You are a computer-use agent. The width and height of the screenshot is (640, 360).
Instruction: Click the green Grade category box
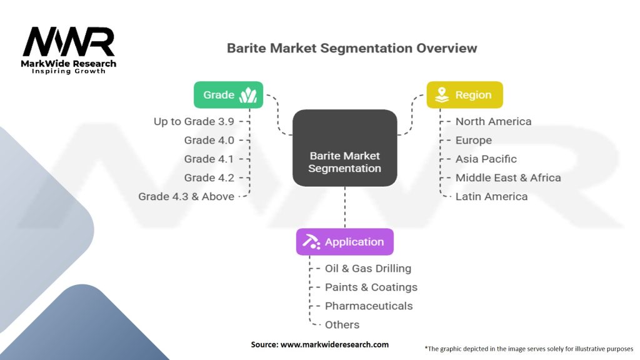[228, 95]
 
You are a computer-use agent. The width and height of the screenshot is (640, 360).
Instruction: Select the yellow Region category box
[464, 95]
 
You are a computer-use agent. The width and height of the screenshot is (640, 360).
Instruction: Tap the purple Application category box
[344, 242]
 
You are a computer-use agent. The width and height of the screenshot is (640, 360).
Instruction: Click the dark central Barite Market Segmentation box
[344, 147]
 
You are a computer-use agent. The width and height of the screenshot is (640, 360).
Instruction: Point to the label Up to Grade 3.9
[194, 121]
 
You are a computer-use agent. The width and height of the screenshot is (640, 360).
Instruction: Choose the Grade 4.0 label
[209, 140]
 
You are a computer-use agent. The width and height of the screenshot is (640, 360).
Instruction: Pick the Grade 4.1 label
[209, 159]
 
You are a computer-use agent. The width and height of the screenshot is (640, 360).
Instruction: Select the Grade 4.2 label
[209, 177]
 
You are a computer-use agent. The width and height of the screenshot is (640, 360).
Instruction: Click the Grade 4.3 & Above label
[186, 196]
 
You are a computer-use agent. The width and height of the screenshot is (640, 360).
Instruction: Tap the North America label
[493, 121]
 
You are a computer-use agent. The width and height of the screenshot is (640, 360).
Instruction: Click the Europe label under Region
[473, 140]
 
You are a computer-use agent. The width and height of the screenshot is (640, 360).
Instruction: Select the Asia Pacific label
[486, 159]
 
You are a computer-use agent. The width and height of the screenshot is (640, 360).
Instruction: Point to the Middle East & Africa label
[507, 177]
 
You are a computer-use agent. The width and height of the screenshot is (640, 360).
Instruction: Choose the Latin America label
[491, 196]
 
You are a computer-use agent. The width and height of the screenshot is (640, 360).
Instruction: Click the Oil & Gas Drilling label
[367, 268]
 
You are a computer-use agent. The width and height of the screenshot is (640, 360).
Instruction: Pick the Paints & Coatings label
[371, 287]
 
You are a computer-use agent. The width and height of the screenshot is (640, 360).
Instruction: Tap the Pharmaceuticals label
[368, 306]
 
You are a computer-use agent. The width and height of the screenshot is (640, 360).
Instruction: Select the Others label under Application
[342, 324]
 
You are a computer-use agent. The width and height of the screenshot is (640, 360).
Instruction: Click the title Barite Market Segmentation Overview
[352, 48]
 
